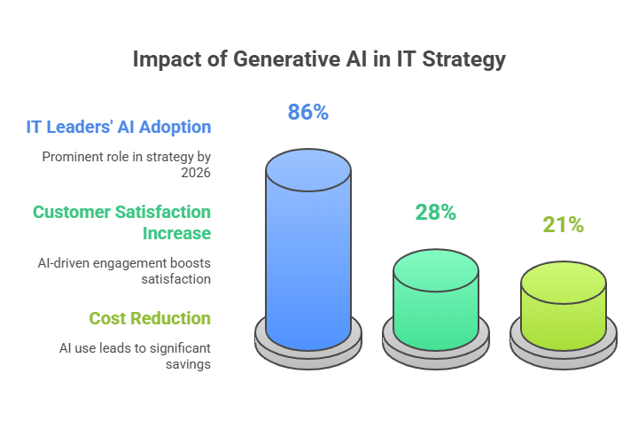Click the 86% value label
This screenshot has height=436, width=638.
(308, 112)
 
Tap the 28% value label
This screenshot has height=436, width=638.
(435, 213)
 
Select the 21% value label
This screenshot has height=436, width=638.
(564, 225)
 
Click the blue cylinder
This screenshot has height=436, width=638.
(308, 250)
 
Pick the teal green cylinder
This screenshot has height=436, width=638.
(436, 300)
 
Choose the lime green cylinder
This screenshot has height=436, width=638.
(564, 306)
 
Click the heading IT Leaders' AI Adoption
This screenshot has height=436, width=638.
(119, 127)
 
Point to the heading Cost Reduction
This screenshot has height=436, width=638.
(150, 318)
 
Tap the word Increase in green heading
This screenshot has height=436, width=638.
(176, 233)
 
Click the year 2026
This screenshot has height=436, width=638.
(196, 173)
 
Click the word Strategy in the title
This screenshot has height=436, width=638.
(463, 59)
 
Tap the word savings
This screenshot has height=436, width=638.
(188, 364)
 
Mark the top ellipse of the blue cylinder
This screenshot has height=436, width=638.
(308, 170)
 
